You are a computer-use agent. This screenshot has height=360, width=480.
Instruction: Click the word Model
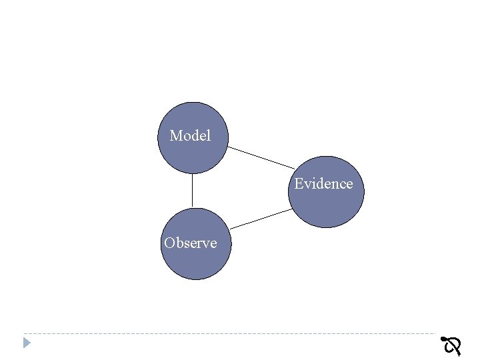coord(190,136)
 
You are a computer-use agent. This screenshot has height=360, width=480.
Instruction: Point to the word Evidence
coord(323,183)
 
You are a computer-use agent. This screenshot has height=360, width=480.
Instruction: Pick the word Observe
coord(191,243)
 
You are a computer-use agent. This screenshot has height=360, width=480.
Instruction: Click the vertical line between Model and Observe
coord(192,191)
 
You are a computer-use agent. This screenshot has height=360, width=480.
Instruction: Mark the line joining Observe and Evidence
coord(261,219)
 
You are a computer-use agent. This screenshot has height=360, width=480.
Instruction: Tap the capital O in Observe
coord(169,243)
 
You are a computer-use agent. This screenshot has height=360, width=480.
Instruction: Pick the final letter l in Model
coord(208,136)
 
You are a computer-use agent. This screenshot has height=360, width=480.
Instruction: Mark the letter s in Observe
coord(186,243)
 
